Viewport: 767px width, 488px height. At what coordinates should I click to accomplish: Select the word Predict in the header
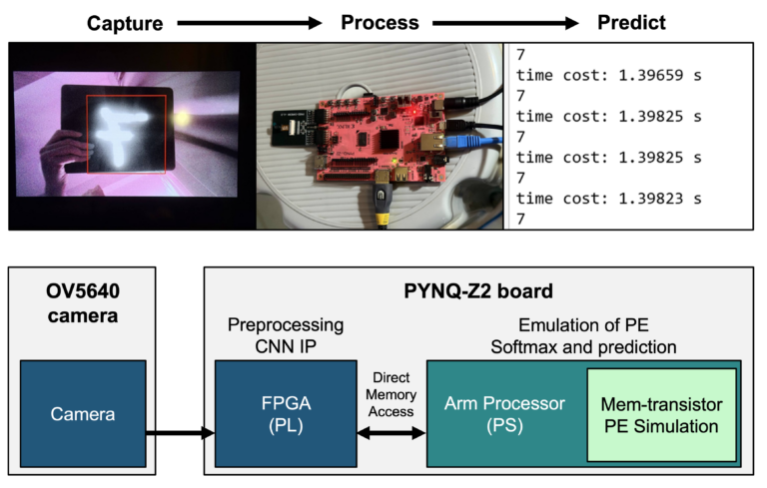630,21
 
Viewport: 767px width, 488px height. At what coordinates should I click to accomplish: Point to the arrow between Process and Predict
504,21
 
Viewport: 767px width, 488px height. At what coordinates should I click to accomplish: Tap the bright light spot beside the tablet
184,118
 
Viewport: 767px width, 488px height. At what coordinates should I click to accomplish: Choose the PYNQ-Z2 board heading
479,293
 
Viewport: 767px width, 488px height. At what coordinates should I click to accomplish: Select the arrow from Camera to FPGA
180,433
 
